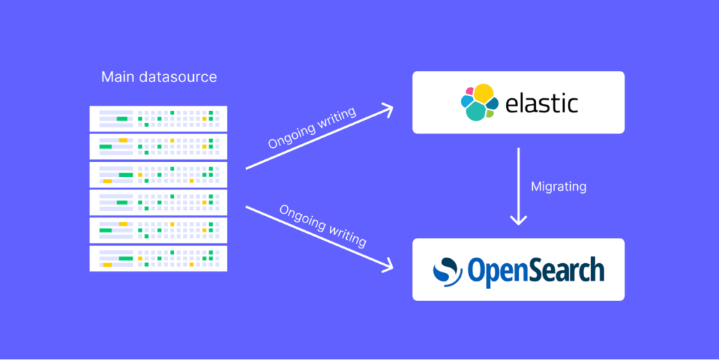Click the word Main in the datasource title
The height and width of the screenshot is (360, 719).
[x=117, y=76]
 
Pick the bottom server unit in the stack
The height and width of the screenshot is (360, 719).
[x=158, y=258]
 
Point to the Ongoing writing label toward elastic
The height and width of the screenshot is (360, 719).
[x=312, y=128]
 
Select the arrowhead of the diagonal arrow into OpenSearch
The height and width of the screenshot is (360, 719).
[x=388, y=267]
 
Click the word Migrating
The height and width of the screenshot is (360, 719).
[x=558, y=187]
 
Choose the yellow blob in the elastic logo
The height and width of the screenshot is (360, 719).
[x=483, y=92]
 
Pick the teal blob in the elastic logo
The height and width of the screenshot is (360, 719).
[x=475, y=111]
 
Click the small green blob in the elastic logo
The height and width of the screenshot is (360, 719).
[x=489, y=113]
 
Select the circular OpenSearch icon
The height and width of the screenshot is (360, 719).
[x=447, y=270]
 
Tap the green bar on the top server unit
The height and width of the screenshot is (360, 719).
[x=121, y=119]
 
